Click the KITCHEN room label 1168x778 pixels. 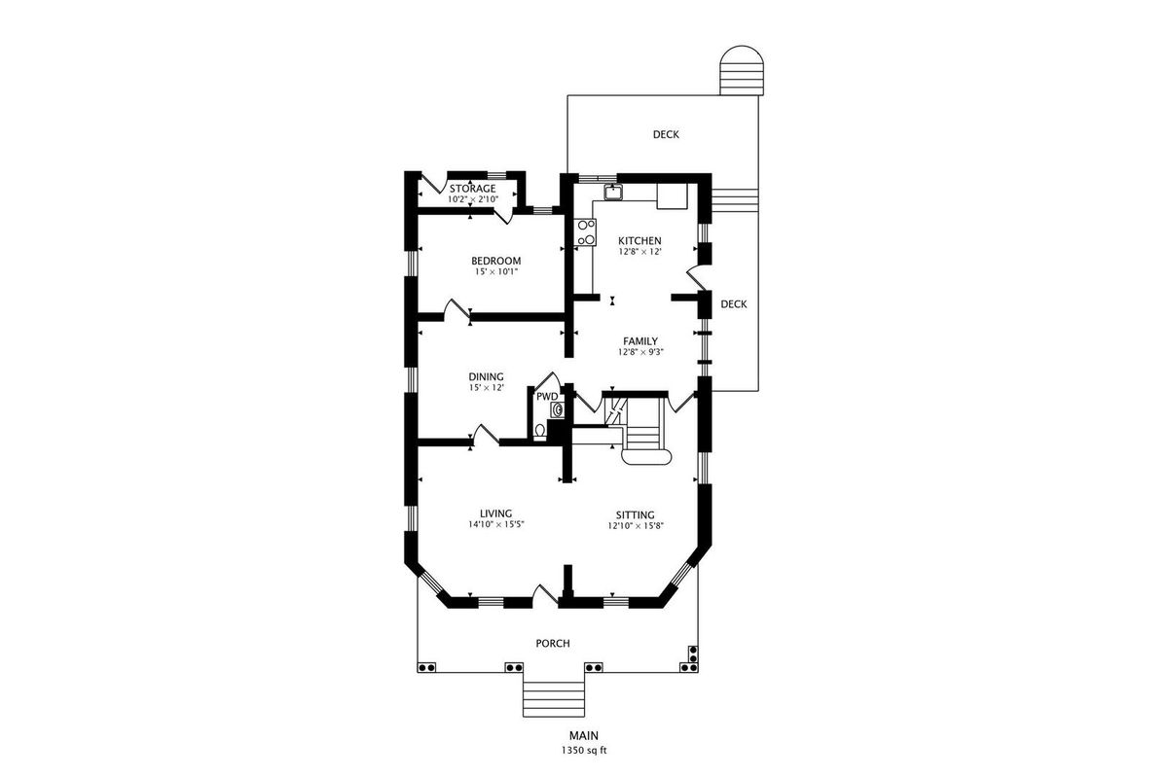(x=639, y=241)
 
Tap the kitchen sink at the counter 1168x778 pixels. (x=613, y=192)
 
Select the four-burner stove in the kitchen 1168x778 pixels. (x=586, y=231)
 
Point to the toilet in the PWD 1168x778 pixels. (x=540, y=431)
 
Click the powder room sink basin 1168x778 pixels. (x=556, y=410)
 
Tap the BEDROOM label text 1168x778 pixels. (x=495, y=261)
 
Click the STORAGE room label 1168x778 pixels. (x=472, y=189)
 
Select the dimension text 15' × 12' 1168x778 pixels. (x=486, y=388)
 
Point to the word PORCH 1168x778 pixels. (x=553, y=644)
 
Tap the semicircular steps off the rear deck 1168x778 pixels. (x=742, y=70)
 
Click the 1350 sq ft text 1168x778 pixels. (x=583, y=751)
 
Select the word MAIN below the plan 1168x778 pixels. (x=583, y=736)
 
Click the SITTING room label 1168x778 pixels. (x=635, y=514)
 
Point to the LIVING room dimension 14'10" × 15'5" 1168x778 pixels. (x=495, y=525)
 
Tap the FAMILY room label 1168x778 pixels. (x=640, y=341)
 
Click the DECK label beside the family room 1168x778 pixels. (x=734, y=304)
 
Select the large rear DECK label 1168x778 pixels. (x=666, y=134)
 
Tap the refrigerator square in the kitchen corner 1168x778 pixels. (x=673, y=195)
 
